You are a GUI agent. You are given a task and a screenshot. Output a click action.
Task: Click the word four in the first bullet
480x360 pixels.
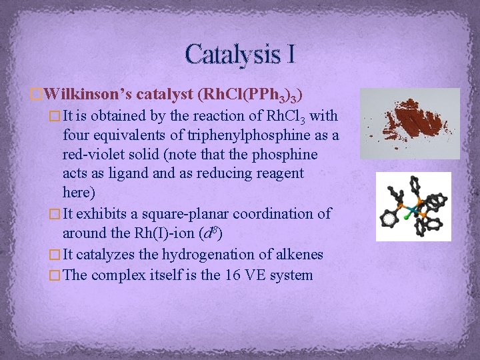point(76,135)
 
